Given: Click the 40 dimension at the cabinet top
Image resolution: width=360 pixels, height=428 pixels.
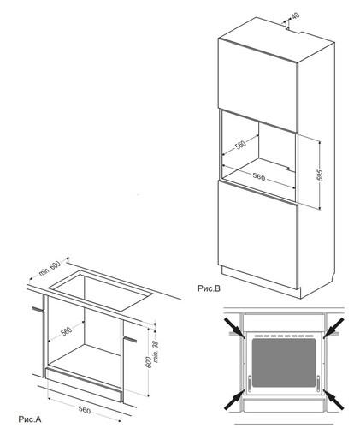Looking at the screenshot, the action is pos(296,15).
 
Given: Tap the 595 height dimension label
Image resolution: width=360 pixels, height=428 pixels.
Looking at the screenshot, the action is pos(320,175).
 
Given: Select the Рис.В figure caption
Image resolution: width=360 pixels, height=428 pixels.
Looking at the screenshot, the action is pos(209,288).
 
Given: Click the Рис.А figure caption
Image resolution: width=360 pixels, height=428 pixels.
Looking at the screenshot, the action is pos(30,419).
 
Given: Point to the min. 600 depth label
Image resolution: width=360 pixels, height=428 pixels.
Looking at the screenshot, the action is pos(50,269).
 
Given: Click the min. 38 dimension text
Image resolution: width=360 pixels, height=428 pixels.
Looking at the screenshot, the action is pos(156,352).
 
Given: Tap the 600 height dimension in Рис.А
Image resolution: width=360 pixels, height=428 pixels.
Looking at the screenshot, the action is pos(149,362).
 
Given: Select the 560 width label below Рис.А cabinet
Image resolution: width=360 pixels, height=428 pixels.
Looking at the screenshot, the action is pos(85,410).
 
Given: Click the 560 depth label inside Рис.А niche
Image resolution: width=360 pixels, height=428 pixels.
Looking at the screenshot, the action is pos(66,331).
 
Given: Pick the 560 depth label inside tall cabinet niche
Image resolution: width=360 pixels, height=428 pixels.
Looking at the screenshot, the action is pos(240,145).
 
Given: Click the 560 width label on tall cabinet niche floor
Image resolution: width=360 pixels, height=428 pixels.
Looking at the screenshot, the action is pos(259,177).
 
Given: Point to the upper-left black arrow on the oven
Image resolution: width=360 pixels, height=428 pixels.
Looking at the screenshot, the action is pos(234,328).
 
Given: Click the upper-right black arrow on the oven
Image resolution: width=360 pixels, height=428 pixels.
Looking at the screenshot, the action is pos(333,328).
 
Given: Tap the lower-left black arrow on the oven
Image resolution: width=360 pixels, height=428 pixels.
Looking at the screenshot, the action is pos(234,400).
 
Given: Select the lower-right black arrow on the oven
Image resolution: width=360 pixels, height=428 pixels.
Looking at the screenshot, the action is pos(333,400).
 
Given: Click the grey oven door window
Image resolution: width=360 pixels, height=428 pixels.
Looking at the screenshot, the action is pos(284,363).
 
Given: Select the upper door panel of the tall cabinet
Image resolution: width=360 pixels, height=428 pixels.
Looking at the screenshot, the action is pos(258,85).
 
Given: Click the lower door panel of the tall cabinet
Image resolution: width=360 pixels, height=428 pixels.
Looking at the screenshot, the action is pos(258,235).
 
